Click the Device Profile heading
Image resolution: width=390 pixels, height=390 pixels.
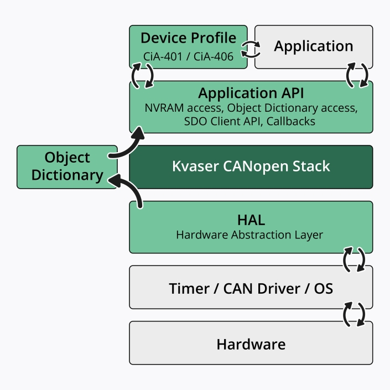pos(188,38)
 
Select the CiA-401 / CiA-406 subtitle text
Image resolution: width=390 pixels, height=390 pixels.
pos(188,56)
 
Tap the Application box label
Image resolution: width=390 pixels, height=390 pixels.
pos(313,46)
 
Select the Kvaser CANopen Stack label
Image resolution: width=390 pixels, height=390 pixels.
pos(251,166)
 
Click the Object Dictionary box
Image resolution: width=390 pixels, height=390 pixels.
pos(67,167)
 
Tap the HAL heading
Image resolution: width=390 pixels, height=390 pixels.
pos(251,220)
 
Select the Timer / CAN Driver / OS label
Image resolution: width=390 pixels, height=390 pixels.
pos(251,288)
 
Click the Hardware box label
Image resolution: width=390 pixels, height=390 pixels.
pos(251,344)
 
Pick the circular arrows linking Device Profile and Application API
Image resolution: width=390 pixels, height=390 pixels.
pos(142,76)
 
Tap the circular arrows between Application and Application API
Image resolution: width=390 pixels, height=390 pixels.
pos(357,76)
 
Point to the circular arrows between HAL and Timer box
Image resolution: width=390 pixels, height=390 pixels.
pos(354,259)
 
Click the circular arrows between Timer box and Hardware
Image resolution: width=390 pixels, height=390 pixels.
pos(354,314)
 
